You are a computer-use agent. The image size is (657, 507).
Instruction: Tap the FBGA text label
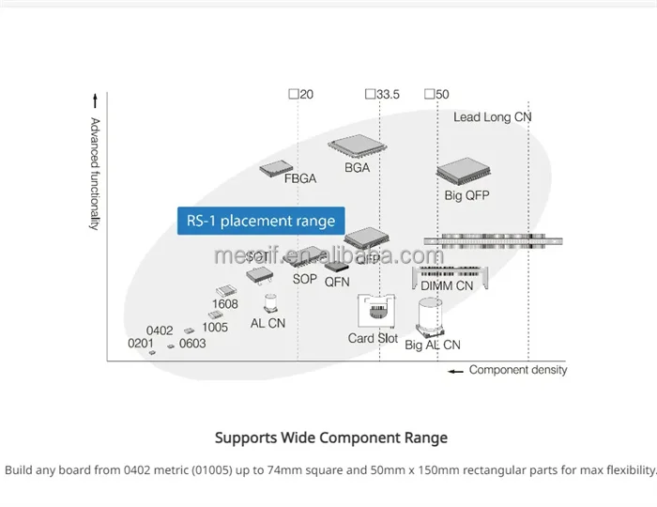click(x=300, y=178)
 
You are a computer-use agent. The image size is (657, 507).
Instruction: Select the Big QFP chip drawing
click(x=466, y=172)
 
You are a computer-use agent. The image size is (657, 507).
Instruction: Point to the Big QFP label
click(x=467, y=195)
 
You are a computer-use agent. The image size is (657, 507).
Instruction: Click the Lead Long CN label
click(x=492, y=117)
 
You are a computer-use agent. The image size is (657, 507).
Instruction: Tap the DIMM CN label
click(x=447, y=285)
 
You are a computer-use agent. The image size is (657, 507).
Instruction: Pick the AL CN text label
click(x=267, y=323)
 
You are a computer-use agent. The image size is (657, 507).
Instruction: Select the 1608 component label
click(x=225, y=304)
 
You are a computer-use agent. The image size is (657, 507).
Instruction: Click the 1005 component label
click(x=215, y=327)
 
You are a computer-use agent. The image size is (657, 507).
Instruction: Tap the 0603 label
click(x=192, y=344)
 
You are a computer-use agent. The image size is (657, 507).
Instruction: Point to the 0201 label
click(x=141, y=344)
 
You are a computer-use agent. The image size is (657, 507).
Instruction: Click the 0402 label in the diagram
click(x=160, y=330)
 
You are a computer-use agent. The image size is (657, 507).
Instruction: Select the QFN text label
click(x=337, y=281)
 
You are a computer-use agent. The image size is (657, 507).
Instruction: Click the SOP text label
click(x=305, y=279)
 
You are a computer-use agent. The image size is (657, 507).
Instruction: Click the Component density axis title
click(x=517, y=370)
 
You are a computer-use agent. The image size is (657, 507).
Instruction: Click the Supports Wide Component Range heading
click(x=331, y=438)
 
